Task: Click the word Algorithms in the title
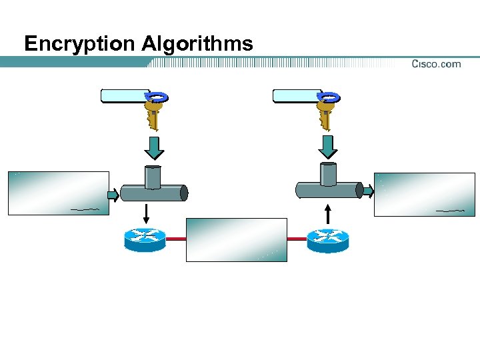(x=197, y=44)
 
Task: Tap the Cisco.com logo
(x=436, y=64)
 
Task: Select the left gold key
(x=154, y=110)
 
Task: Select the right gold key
(x=326, y=110)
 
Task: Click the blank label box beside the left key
(x=125, y=95)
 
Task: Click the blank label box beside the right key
(x=297, y=95)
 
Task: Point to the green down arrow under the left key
(x=154, y=147)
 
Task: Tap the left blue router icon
(x=145, y=239)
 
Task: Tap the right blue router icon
(x=327, y=239)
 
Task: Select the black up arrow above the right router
(x=327, y=214)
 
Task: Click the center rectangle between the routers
(x=236, y=239)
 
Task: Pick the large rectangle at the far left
(x=58, y=193)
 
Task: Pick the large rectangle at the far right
(x=425, y=195)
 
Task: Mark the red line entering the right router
(x=297, y=238)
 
